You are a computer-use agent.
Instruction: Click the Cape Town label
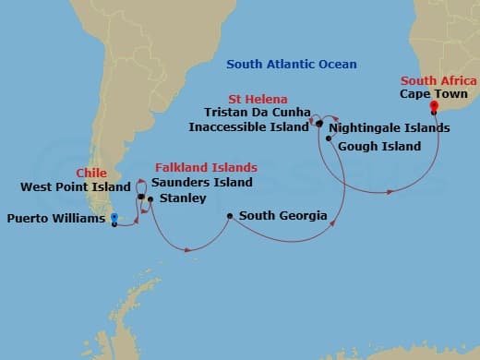click(433, 94)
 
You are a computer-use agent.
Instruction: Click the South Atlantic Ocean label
click(291, 65)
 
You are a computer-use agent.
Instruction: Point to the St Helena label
click(258, 99)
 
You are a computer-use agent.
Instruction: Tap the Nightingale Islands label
click(389, 127)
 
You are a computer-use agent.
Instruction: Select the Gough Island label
click(378, 146)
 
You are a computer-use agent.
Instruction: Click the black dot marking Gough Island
click(329, 138)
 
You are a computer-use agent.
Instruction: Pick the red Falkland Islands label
click(205, 168)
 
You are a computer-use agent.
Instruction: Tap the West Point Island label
click(71, 186)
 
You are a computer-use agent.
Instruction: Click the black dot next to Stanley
click(150, 198)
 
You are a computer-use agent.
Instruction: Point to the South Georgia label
click(282, 216)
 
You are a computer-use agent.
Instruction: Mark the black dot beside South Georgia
click(229, 217)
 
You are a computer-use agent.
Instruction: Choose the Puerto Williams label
click(55, 219)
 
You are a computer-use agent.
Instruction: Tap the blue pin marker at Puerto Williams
click(114, 219)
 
